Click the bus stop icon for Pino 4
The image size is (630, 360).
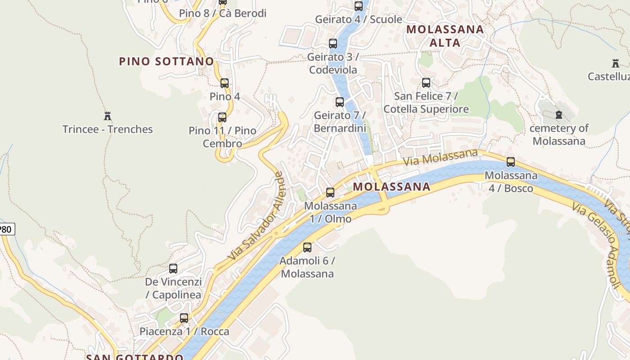pyautogui.click(x=225, y=83)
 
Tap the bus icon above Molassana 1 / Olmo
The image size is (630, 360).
pyautogui.click(x=330, y=193)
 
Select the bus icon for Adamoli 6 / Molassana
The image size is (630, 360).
pyautogui.click(x=307, y=247)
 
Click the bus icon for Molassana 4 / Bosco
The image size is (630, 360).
pyautogui.click(x=511, y=162)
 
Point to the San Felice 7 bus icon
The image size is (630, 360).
pyautogui.click(x=426, y=83)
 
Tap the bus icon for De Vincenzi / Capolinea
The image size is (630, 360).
pyautogui.click(x=173, y=269)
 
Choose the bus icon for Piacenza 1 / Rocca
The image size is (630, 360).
pyautogui.click(x=184, y=318)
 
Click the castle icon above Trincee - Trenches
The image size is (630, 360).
pyautogui.click(x=108, y=116)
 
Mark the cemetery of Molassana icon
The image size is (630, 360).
pyautogui.click(x=559, y=115)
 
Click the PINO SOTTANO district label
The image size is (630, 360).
pyautogui.click(x=166, y=61)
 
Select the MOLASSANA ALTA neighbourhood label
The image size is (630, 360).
pyautogui.click(x=445, y=36)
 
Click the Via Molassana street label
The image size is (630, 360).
pyautogui.click(x=440, y=158)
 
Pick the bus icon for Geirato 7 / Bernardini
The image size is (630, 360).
pyautogui.click(x=340, y=102)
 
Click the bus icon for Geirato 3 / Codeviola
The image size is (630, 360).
pyautogui.click(x=333, y=44)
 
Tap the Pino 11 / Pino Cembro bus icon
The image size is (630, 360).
pyautogui.click(x=222, y=117)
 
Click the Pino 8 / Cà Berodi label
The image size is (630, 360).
pyautogui.click(x=223, y=13)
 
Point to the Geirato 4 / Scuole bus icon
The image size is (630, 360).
pyautogui.click(x=359, y=6)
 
